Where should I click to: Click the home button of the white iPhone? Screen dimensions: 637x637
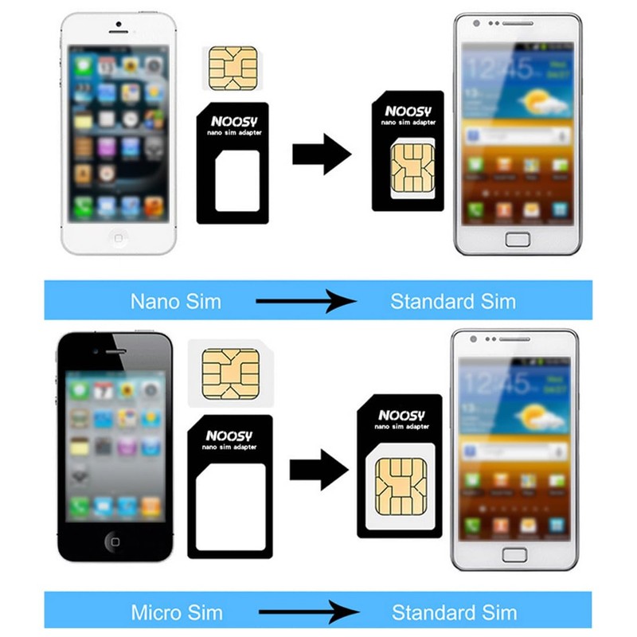pos(119,237)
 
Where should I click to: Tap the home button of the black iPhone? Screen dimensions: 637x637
pos(115,542)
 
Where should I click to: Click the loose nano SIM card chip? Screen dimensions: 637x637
pos(232,68)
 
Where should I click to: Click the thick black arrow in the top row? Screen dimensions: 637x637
pos(321,154)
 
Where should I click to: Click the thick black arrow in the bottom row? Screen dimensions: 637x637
pos(318,469)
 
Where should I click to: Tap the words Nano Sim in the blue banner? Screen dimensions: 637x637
pos(175,302)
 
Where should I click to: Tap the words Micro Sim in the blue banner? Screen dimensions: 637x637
pos(175,613)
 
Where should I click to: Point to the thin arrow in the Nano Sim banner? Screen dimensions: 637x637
pos(305,302)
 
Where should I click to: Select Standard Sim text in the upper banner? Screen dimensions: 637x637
pos(452,302)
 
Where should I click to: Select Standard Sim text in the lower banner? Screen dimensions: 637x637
pos(454,613)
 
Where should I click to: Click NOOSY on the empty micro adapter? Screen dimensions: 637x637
pos(229,436)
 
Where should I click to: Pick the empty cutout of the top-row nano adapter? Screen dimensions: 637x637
pos(236,182)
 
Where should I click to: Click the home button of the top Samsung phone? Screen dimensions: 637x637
pos(518,238)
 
